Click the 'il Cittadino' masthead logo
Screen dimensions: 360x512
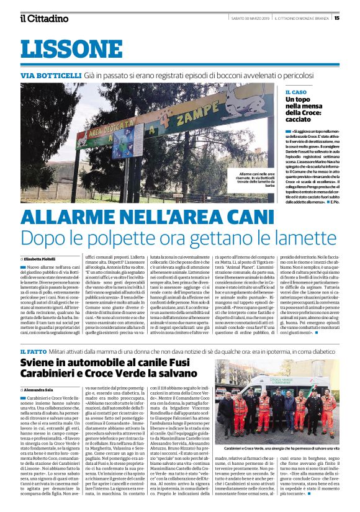tap(43, 18)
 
